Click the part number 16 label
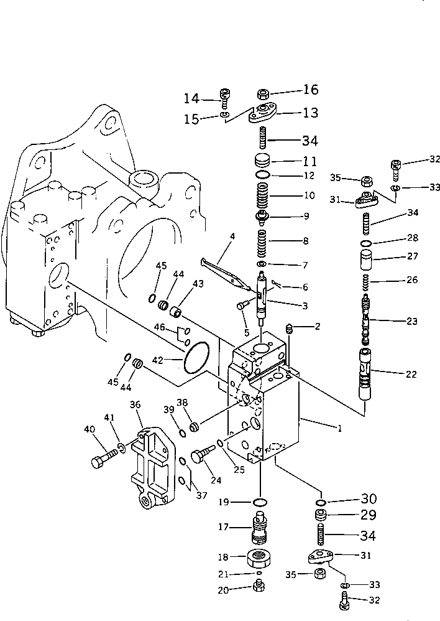(x=310, y=90)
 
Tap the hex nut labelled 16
(x=262, y=95)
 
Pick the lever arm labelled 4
(x=224, y=270)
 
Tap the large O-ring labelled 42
(x=196, y=360)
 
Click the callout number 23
(x=396, y=321)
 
